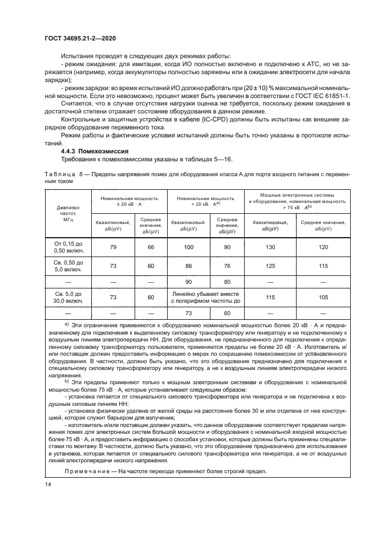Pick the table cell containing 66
151,247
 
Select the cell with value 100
189,247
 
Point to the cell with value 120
323,247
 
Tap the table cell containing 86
189,265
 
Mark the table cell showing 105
323,297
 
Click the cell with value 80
226,281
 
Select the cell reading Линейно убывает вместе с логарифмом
208,297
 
